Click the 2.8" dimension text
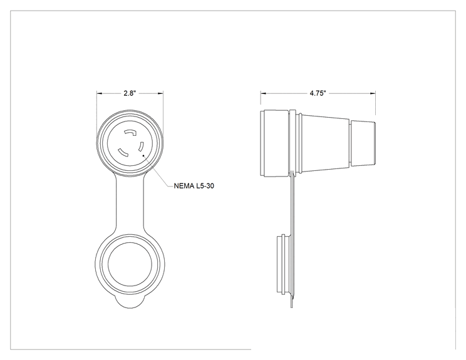[x=130, y=93]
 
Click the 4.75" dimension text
[x=318, y=93]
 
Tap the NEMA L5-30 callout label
[x=194, y=186]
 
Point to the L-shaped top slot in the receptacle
[x=130, y=133]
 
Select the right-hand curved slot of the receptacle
[x=141, y=147]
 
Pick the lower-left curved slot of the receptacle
[x=123, y=152]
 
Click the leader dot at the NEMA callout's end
[x=143, y=155]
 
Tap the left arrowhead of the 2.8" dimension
[x=99, y=93]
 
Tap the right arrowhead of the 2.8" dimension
[x=160, y=93]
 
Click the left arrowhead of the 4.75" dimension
[x=264, y=93]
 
